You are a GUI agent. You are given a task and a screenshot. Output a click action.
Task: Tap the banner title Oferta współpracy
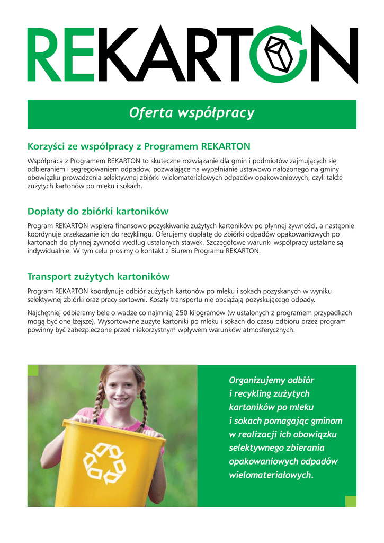coord(192,113)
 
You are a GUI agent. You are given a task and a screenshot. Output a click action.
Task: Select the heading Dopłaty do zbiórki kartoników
coord(97,212)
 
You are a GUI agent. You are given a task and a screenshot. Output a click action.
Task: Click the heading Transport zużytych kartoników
coord(98,276)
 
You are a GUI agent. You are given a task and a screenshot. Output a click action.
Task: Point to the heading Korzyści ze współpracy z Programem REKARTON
coord(139,146)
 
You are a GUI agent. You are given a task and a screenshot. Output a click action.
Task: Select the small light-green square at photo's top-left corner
coord(33,370)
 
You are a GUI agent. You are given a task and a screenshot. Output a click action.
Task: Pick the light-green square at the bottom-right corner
coord(351,501)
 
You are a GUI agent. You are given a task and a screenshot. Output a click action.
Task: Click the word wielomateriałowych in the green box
coord(270,475)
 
